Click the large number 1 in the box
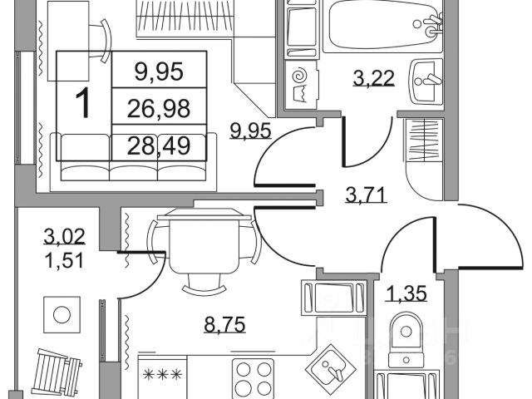[x=82, y=104]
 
